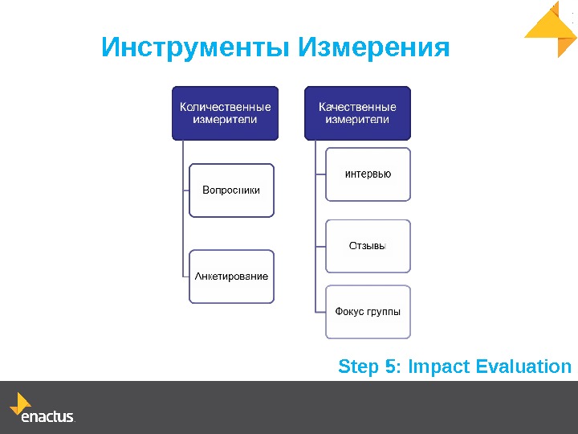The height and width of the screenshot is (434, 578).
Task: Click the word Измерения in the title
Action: (x=373, y=48)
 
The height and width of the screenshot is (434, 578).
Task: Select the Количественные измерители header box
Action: (x=225, y=113)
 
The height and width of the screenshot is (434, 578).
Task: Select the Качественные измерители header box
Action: (x=357, y=113)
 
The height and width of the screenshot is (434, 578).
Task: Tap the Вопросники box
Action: (x=231, y=190)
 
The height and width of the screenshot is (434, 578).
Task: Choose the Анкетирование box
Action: (x=231, y=276)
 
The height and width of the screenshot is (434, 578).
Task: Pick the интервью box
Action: (x=368, y=174)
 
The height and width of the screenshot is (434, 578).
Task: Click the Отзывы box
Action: (x=368, y=246)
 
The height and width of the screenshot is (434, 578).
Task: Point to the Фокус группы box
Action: (x=368, y=312)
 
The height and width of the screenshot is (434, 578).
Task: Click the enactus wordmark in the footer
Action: (x=47, y=418)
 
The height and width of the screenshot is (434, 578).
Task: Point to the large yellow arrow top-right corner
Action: (x=552, y=29)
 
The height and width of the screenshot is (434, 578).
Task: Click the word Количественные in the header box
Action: (x=225, y=106)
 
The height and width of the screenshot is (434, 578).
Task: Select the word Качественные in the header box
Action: (x=357, y=106)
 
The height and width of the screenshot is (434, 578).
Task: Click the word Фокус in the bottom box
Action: (x=348, y=312)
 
